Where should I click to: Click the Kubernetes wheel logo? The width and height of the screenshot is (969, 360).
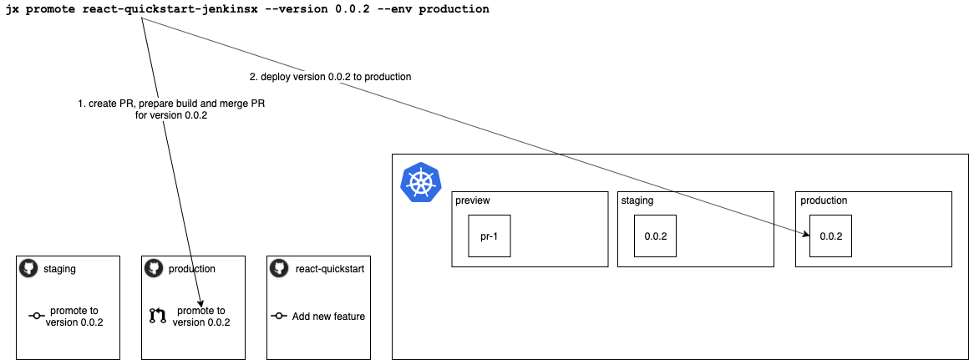tap(422, 182)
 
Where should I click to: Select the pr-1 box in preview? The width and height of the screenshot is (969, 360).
tap(489, 236)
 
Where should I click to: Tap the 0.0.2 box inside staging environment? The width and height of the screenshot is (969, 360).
tap(655, 236)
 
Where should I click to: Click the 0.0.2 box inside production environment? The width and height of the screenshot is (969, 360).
tap(830, 236)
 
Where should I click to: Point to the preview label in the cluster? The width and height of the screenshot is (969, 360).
tap(473, 200)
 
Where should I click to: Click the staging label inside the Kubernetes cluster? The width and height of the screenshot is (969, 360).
tap(637, 200)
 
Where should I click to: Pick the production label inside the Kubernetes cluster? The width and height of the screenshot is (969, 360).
tap(824, 200)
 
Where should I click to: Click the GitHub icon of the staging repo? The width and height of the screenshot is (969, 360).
tap(28, 268)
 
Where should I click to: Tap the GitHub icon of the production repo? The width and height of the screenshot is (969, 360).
tap(154, 268)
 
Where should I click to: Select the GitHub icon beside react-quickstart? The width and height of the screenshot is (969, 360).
tap(279, 268)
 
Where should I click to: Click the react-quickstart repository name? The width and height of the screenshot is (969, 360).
tap(329, 269)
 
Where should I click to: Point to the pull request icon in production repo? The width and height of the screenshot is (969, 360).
tap(158, 316)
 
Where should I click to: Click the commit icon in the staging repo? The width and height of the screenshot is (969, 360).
tap(36, 317)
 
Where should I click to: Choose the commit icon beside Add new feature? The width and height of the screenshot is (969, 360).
tap(280, 317)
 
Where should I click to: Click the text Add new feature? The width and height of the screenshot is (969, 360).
tap(328, 317)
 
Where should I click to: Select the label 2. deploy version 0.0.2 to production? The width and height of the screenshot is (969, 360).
tap(330, 77)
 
